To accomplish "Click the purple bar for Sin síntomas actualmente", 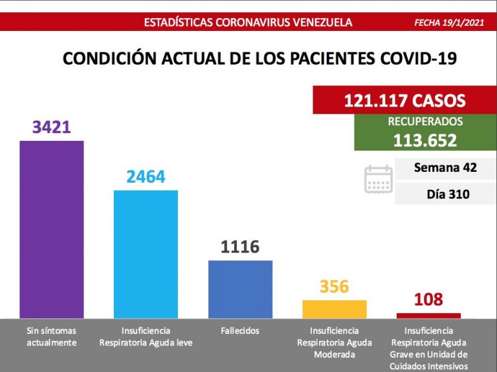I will (x=52, y=229).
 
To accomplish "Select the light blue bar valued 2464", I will (x=146, y=253).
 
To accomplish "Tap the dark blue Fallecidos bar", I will (x=240, y=289).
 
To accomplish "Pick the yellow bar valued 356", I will (x=335, y=309).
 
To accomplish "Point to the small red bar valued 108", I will (x=428, y=315).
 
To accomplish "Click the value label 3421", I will (x=51, y=127).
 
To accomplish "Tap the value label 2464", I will (x=146, y=176).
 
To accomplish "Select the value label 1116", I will (x=240, y=247).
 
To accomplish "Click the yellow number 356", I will (x=335, y=286).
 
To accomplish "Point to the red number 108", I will (x=428, y=300).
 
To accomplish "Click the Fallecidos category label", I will (x=240, y=331).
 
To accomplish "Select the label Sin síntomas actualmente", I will (x=51, y=336).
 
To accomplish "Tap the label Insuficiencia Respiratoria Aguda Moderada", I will (x=335, y=342).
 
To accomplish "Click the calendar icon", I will (x=379, y=180).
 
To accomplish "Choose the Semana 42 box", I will (x=445, y=168).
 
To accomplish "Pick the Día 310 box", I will (x=445, y=194).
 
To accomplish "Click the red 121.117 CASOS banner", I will (x=404, y=101).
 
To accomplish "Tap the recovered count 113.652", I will (x=425, y=140).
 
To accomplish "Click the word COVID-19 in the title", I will (x=419, y=59).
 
